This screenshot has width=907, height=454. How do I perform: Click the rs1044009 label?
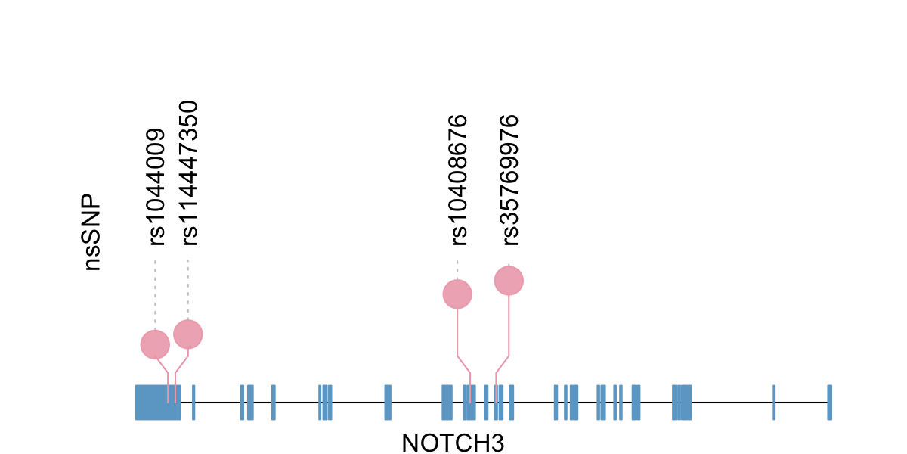tap(156, 187)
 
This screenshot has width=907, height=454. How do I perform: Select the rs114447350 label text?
tap(189, 173)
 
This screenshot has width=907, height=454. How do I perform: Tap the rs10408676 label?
tap(459, 180)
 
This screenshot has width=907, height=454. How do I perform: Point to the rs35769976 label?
tap(510, 180)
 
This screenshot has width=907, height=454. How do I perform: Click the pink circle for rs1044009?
tap(155, 344)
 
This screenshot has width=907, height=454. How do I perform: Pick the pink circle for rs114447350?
tap(188, 334)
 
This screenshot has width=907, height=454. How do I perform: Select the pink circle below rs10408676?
tap(457, 294)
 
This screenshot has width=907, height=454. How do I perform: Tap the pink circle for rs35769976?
tap(509, 281)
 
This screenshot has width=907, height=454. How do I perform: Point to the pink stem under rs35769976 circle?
tap(509, 325)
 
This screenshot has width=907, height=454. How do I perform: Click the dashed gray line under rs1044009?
tap(155, 295)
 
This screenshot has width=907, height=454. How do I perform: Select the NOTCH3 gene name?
tap(453, 443)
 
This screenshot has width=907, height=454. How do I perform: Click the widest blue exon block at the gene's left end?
tap(157, 403)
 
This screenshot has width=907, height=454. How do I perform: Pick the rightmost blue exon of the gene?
tap(829, 403)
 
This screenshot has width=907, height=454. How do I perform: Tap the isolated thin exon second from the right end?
tap(775, 403)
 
